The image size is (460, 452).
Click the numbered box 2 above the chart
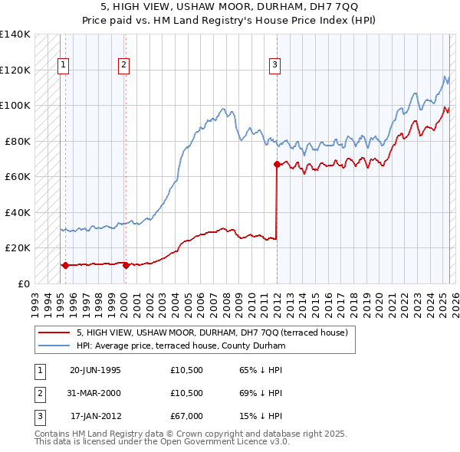click(123, 66)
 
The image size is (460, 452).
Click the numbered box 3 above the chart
click(274, 66)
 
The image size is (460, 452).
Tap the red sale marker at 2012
click(276, 164)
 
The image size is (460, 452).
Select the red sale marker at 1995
click(65, 265)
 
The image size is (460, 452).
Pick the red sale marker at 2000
click(126, 265)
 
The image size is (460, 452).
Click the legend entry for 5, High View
click(212, 332)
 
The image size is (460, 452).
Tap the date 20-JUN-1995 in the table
click(95, 370)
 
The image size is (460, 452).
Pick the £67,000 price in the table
click(186, 416)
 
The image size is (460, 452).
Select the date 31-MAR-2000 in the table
click(95, 393)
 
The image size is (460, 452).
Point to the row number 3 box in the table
click(38, 416)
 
